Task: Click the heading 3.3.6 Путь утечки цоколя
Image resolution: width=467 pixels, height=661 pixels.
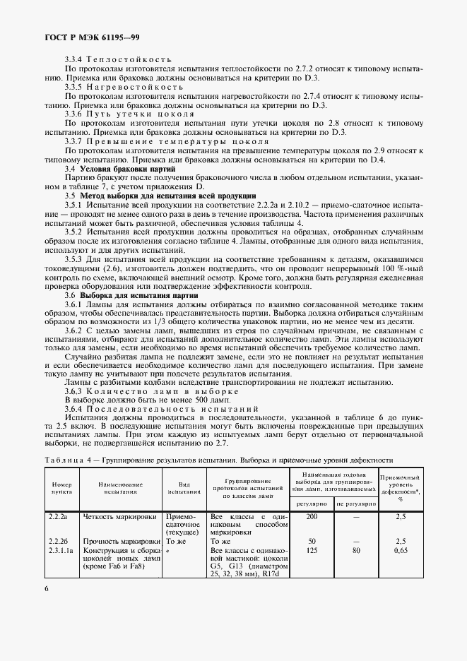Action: [129, 113]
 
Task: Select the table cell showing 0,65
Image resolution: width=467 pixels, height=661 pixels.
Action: [401, 550]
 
